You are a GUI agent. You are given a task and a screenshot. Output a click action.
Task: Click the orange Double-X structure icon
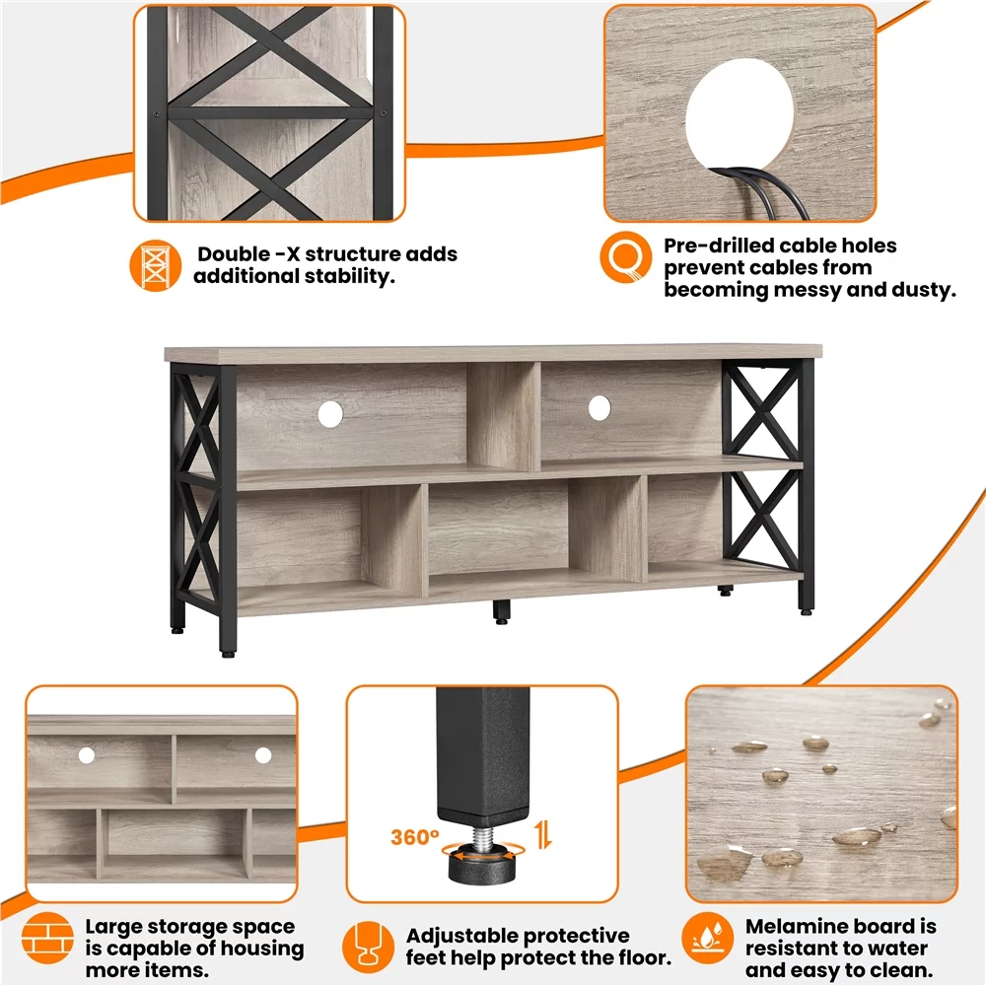tap(157, 264)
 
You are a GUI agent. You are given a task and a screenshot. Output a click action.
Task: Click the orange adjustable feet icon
tap(369, 948)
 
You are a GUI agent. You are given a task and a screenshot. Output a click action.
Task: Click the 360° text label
tap(414, 838)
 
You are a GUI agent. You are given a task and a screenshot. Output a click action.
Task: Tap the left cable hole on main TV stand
tap(329, 414)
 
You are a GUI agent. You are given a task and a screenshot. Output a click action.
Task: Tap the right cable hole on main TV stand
tap(599, 407)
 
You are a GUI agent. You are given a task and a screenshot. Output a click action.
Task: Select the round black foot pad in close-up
tap(483, 867)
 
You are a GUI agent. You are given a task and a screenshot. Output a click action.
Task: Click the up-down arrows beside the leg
tap(542, 837)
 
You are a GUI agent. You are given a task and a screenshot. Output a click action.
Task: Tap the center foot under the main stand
tap(501, 612)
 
